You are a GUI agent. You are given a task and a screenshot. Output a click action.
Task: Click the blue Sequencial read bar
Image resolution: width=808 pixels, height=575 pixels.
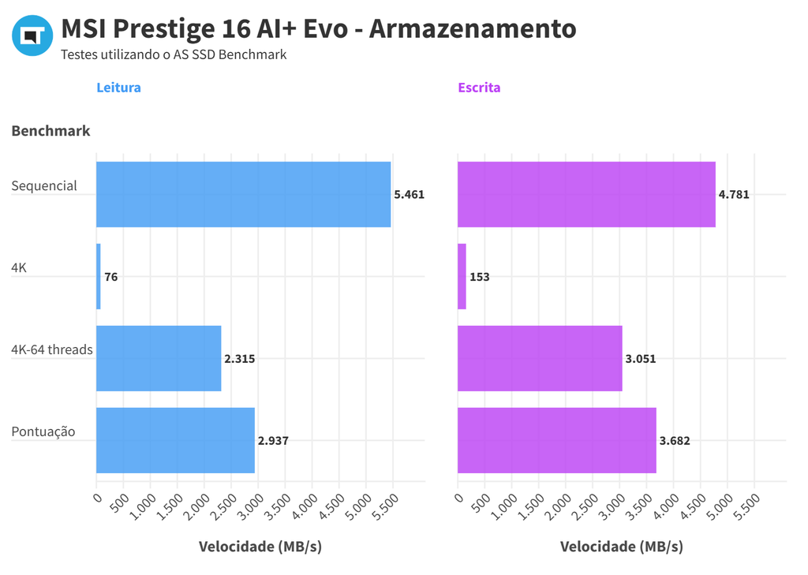(x=243, y=194)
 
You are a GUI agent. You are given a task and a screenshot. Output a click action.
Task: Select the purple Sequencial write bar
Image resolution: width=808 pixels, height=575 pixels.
(x=586, y=194)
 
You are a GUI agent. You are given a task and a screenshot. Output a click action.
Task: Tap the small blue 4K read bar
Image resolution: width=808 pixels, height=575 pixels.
(x=99, y=276)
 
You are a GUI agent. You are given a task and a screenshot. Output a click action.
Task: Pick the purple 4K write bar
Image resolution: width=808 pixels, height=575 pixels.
(x=462, y=276)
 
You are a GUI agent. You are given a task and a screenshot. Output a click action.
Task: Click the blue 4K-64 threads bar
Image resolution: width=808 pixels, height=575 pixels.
(x=159, y=358)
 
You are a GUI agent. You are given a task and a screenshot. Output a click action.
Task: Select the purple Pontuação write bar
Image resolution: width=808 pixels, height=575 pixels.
(x=556, y=440)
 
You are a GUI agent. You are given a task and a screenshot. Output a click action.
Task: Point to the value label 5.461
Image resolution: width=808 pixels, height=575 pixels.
(x=409, y=194)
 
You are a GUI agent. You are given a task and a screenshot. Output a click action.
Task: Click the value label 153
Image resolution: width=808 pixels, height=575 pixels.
(x=479, y=277)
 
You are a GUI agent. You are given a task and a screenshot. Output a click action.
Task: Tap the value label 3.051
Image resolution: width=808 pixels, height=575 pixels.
(x=640, y=359)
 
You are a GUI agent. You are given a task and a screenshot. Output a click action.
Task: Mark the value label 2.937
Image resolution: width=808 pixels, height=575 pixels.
(x=273, y=441)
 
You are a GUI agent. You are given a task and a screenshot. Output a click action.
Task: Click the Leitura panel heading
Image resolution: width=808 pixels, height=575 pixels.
(x=118, y=88)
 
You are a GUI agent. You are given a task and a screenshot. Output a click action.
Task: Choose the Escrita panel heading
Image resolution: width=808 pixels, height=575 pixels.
(x=479, y=88)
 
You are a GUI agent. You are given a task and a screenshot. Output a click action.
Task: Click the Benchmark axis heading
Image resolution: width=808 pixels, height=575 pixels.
(x=50, y=131)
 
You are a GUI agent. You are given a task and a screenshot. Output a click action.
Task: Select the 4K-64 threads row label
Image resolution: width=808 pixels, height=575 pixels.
(x=52, y=349)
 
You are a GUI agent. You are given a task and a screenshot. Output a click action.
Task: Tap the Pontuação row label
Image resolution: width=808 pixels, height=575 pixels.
(x=43, y=431)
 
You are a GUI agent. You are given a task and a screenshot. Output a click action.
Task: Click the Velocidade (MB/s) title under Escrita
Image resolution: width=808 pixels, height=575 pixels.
(x=622, y=547)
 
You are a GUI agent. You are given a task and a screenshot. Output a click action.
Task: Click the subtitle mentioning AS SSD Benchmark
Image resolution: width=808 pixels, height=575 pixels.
(x=174, y=55)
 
